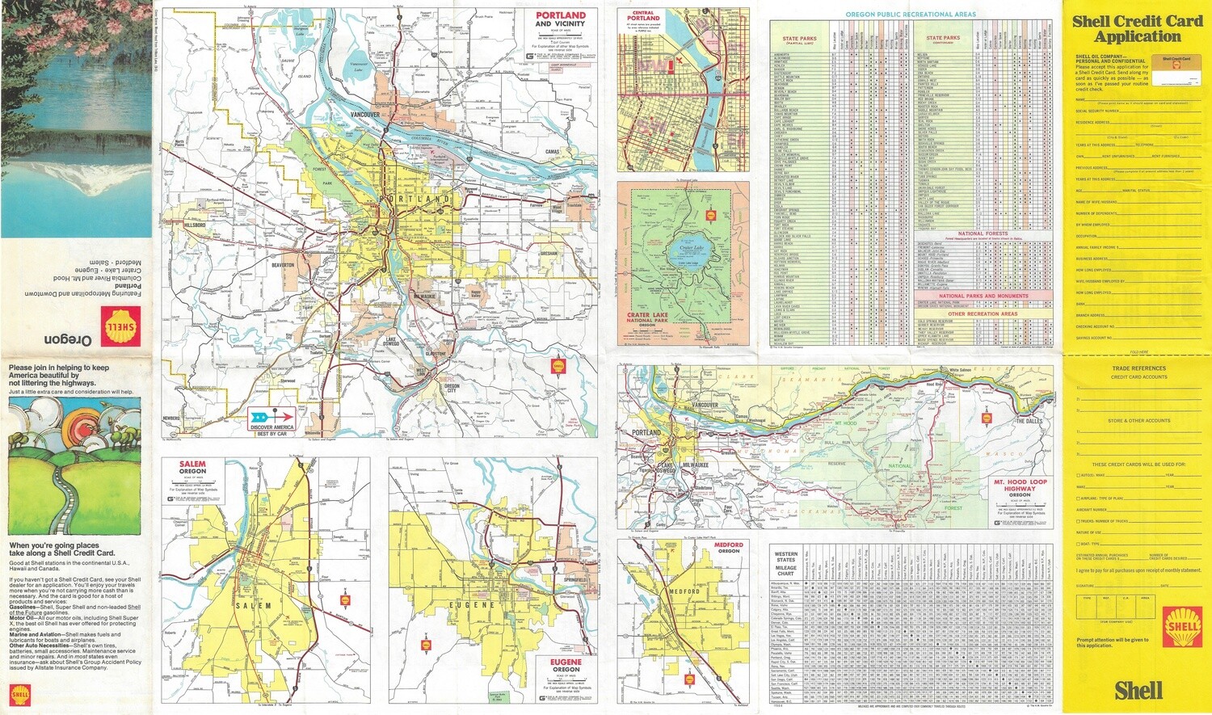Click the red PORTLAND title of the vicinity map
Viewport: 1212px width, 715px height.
tap(560, 15)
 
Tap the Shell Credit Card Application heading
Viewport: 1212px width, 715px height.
tap(1138, 28)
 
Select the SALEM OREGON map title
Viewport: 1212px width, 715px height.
tap(192, 468)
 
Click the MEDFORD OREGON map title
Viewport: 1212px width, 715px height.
tap(728, 548)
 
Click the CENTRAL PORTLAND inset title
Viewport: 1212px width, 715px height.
tap(643, 15)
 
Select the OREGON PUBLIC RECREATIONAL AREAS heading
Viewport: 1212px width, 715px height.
tap(911, 15)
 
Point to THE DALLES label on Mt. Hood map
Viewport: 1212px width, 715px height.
tap(1029, 421)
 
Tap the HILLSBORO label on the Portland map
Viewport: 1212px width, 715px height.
tap(195, 225)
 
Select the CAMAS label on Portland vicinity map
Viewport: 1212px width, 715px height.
tap(553, 152)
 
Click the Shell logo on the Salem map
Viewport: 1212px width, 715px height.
tap(345, 600)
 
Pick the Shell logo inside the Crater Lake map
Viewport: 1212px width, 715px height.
tap(711, 215)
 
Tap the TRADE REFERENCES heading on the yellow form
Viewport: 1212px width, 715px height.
tap(1138, 368)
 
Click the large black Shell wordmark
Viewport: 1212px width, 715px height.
tap(1138, 691)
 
